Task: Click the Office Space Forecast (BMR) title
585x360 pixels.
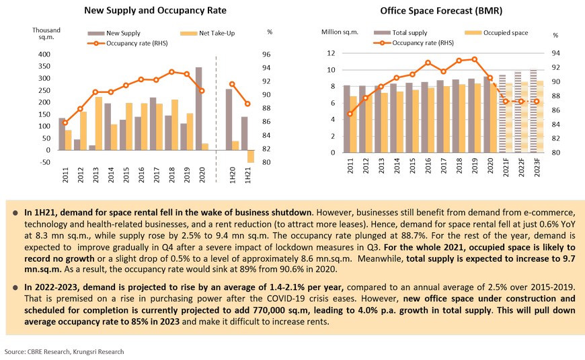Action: click(x=440, y=11)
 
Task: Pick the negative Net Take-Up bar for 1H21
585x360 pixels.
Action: click(x=251, y=156)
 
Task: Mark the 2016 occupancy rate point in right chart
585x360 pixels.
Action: click(x=428, y=63)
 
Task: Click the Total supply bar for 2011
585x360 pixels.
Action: click(x=347, y=118)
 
